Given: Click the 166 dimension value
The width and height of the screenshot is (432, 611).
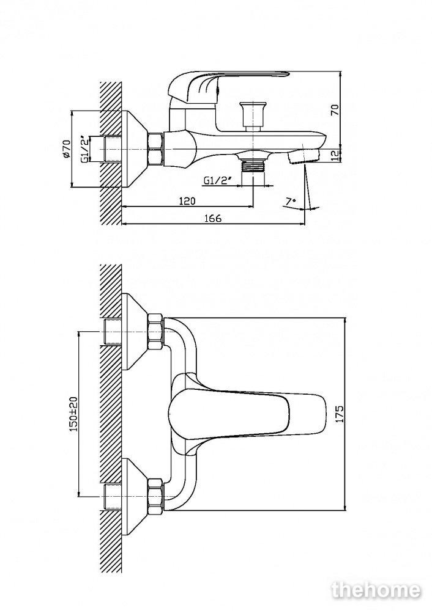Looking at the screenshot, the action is point(213,218).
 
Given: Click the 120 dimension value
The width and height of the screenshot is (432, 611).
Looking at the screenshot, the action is point(187,201).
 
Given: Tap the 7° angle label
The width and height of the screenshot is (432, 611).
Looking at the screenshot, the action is point(290,202).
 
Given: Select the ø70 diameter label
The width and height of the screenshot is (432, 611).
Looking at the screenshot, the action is point(66,148).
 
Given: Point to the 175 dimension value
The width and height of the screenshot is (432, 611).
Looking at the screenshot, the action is point(340,414).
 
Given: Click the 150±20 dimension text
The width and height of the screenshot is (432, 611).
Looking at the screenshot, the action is point(74,414).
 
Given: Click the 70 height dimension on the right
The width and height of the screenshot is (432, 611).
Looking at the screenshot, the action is point(335,109).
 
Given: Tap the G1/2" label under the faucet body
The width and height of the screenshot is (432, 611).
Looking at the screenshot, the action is point(218,180).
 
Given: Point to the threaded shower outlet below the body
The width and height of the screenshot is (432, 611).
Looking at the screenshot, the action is point(254,165).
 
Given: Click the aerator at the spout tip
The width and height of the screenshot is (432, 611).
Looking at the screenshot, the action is point(304,156).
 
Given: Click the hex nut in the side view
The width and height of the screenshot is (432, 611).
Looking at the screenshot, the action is point(155,149).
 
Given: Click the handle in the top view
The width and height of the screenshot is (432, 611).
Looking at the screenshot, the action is point(247,414).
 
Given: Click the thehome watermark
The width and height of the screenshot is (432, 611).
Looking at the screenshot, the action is point(376,590).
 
